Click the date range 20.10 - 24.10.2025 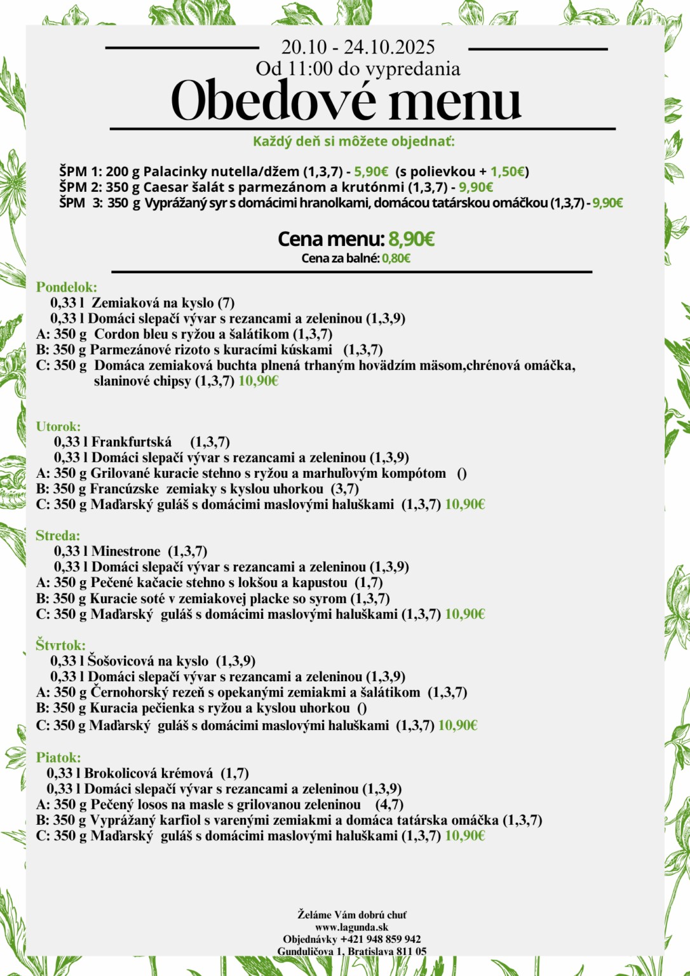click(x=358, y=47)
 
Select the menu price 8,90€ click(x=411, y=239)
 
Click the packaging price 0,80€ click(x=396, y=258)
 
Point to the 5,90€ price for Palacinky click(x=371, y=172)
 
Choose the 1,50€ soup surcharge click(x=508, y=172)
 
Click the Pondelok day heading click(x=66, y=287)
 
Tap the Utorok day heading click(x=58, y=426)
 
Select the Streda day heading click(x=58, y=536)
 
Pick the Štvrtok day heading click(x=60, y=646)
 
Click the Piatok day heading click(x=58, y=757)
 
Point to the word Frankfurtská click(x=132, y=442)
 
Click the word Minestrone click(x=126, y=552)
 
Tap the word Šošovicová click(x=121, y=661)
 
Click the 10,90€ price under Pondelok click(x=259, y=381)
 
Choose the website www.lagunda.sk click(x=351, y=927)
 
